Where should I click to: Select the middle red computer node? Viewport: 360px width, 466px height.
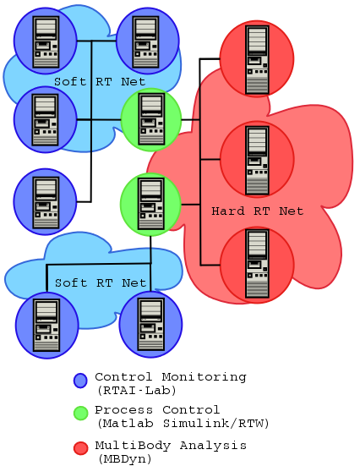click(256, 158)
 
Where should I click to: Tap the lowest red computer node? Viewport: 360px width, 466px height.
click(256, 264)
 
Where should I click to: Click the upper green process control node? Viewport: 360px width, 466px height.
click(151, 118)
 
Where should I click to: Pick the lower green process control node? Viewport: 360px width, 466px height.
click(150, 205)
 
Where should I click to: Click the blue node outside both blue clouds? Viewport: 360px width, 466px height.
click(45, 201)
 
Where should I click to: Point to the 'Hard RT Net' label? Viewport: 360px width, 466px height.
click(257, 211)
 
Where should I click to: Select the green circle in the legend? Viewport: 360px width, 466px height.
click(80, 414)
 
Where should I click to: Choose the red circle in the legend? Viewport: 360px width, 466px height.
click(80, 447)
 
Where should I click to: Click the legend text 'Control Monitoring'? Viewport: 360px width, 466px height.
click(170, 376)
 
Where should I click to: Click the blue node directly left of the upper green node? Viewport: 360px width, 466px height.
click(45, 119)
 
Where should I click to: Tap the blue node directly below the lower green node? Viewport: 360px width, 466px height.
click(150, 324)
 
